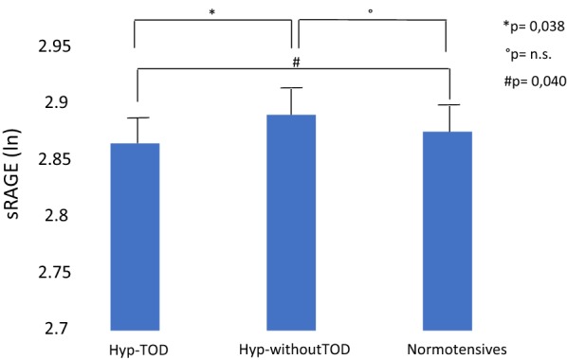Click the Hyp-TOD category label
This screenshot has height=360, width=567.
[140, 347]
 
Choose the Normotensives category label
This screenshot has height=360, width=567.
[447, 347]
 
